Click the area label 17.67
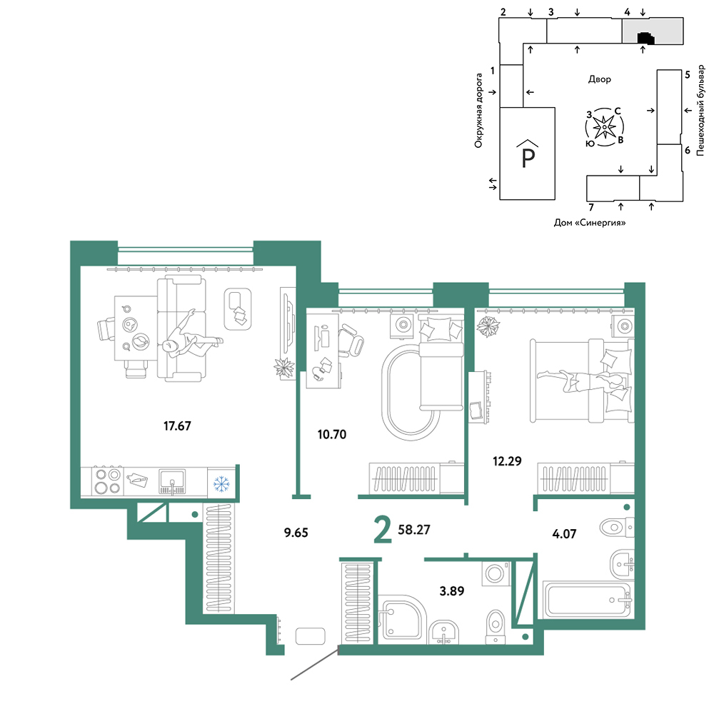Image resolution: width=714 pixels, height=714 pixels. coord(177,426)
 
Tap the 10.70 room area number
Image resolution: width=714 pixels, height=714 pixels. coord(332,434)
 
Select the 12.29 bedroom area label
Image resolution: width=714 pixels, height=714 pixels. coord(507,461)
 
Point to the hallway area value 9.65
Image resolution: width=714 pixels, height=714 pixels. coord(296,533)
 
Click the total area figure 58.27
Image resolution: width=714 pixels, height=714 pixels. coord(414,530)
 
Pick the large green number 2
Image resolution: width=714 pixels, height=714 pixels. coord(383,530)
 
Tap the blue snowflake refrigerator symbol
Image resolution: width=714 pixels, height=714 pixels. coord(222,483)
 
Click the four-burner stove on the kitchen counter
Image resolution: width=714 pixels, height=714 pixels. coord(108,481)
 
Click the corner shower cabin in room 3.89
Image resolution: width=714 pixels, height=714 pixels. coord(401,619)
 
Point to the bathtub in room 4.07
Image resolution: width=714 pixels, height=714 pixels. coord(587,600)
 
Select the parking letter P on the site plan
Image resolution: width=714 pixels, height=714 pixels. coord(528,158)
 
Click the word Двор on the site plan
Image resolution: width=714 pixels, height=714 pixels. coord(600,79)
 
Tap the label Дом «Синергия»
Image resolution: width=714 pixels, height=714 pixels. coord(590,223)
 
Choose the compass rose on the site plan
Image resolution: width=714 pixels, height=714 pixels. coord(604,127)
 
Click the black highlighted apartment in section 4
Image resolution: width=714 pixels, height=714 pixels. coord(646,39)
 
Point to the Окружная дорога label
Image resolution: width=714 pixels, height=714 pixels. coord(478,111)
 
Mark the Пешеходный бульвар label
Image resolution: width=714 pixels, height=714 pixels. coord(701,110)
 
